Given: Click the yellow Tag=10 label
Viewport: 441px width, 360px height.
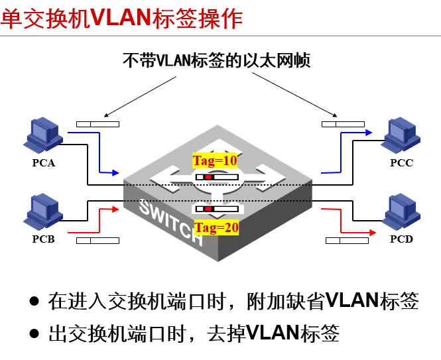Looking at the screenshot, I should coord(214,160).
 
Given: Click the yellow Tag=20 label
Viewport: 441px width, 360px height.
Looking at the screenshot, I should coord(215,227).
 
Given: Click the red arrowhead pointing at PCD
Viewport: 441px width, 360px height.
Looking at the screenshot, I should coord(373,231).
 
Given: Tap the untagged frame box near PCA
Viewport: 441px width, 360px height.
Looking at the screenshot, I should coord(98,124).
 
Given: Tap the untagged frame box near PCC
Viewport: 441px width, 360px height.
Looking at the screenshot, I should coord(343,124).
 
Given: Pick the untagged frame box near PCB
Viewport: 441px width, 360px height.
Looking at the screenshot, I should coord(98,239).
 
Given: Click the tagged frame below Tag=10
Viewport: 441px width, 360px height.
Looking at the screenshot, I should coord(216,177).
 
